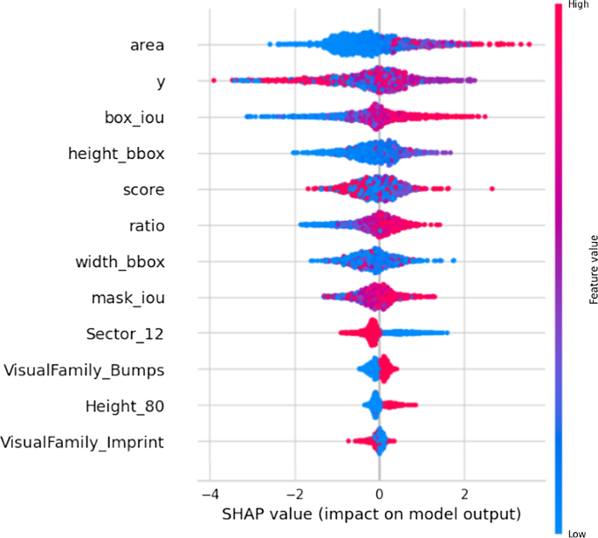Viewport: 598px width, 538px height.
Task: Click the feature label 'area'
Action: click(148, 45)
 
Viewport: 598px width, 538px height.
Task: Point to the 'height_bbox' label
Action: click(116, 154)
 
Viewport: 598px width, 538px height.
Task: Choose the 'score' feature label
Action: click(143, 190)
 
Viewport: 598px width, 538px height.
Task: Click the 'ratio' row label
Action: click(147, 225)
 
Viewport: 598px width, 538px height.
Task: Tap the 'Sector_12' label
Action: click(125, 334)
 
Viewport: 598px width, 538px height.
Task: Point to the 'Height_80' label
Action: click(125, 406)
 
